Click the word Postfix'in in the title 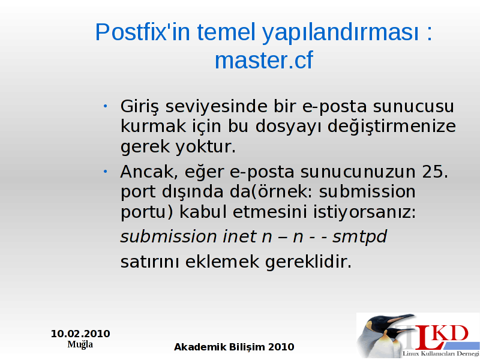[x=142, y=32]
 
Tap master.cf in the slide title [x=264, y=61]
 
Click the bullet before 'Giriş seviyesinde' [x=105, y=106]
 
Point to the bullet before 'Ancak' [x=105, y=172]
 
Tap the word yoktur [x=205, y=146]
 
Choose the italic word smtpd [x=359, y=237]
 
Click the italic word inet [x=239, y=236]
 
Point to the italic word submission [x=169, y=236]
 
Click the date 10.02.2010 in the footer [x=80, y=334]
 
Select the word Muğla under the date [x=80, y=344]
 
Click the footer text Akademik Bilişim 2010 [x=234, y=347]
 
